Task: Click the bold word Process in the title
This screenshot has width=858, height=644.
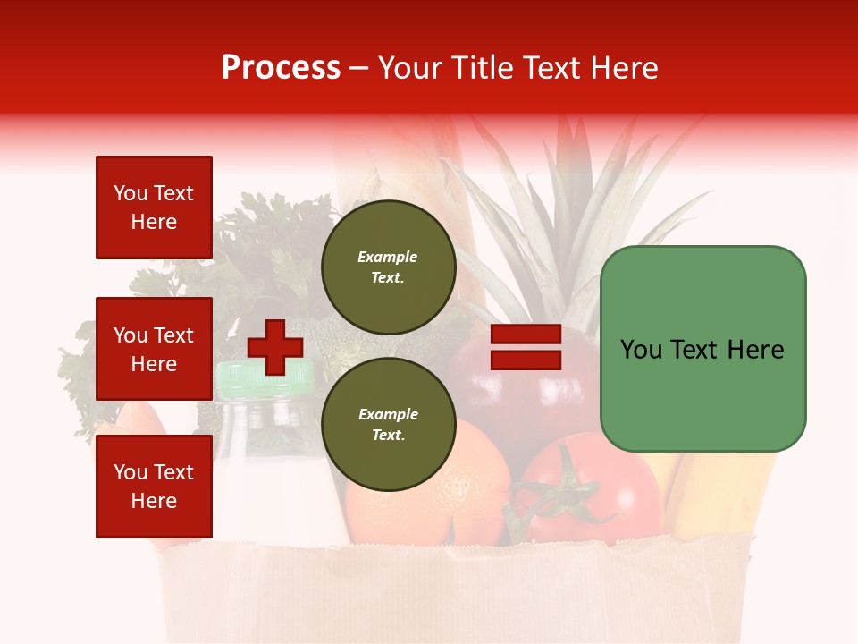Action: pos(281,68)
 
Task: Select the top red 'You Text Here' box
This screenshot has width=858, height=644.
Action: pos(154,208)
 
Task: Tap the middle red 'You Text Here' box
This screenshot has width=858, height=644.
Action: pos(154,349)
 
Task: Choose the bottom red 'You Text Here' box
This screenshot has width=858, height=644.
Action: pos(154,487)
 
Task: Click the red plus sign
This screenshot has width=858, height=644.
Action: pos(275,347)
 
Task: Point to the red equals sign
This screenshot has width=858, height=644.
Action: pos(526,348)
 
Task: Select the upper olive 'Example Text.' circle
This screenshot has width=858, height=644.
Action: pos(388,267)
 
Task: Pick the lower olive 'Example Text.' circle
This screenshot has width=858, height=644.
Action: pos(388,425)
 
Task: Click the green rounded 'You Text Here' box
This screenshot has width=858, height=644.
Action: pos(702,349)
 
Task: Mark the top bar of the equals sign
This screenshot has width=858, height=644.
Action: pos(526,335)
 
